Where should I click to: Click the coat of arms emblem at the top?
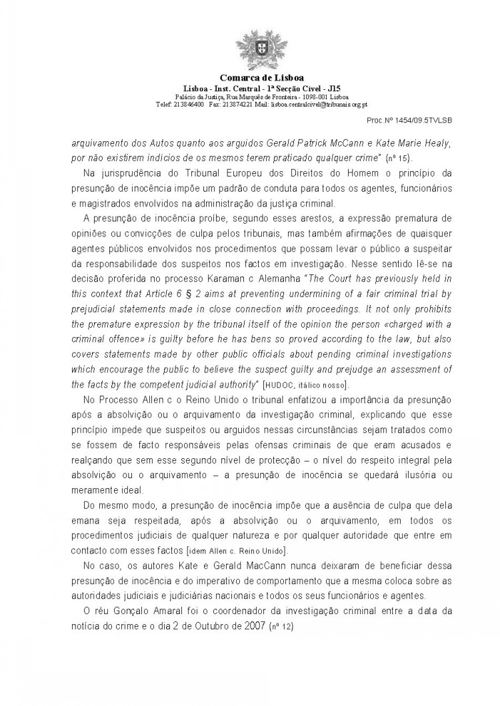250,46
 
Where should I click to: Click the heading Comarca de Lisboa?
250,77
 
